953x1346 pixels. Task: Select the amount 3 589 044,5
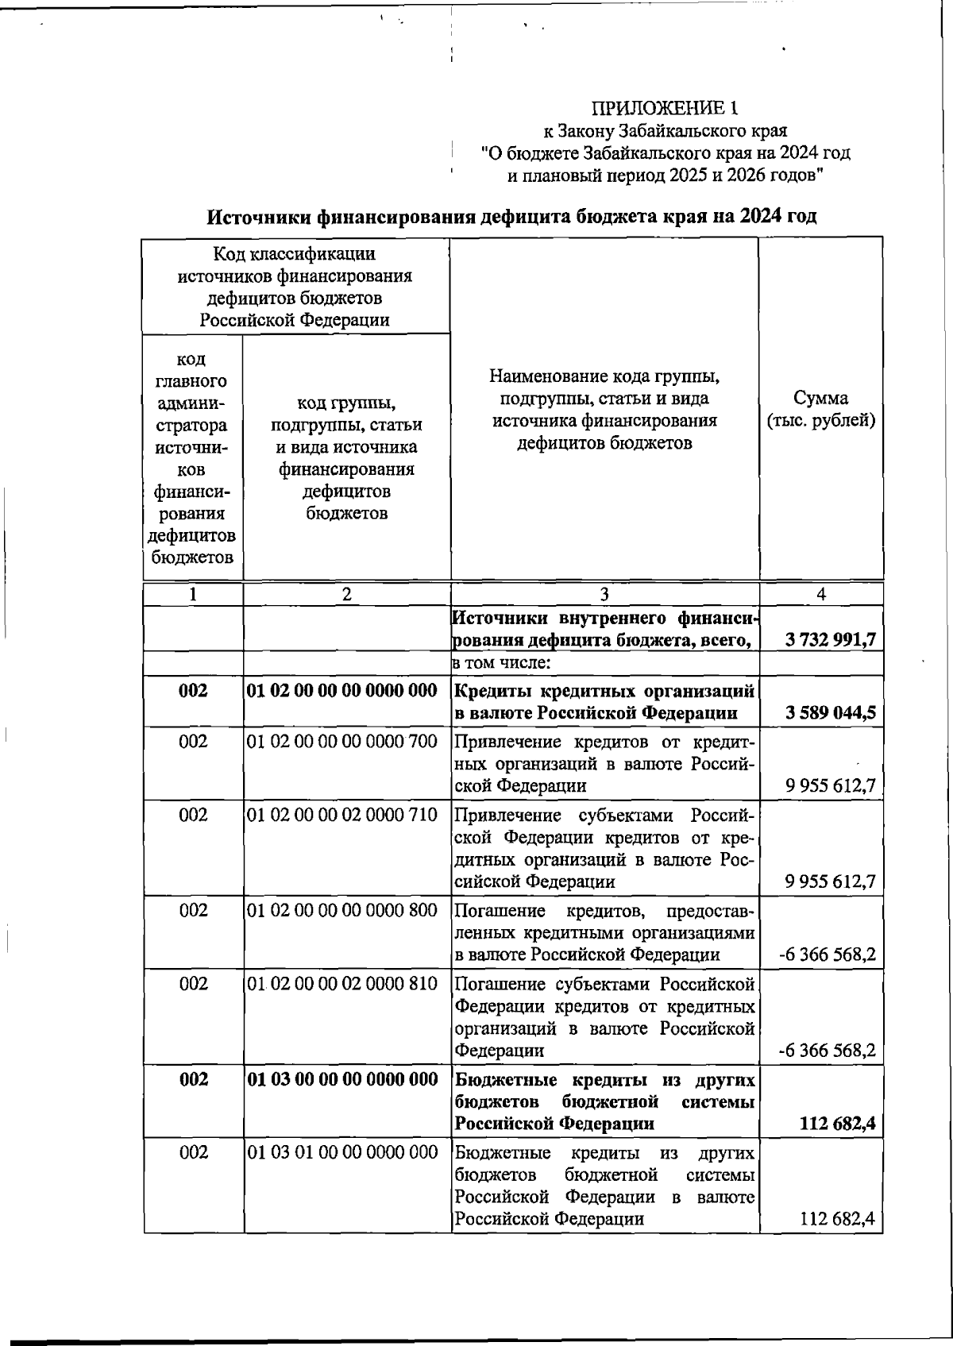(831, 712)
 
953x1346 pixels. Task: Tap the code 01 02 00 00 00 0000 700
(341, 742)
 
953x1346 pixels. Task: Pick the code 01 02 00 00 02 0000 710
(341, 816)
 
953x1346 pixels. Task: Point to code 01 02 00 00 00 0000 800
(341, 910)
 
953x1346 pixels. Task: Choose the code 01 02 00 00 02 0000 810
(341, 984)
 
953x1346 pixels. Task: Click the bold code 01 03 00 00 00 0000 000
(341, 1079)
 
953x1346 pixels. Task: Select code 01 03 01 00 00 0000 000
(341, 1152)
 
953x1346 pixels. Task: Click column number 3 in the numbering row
(604, 594)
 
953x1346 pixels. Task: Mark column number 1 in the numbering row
(192, 594)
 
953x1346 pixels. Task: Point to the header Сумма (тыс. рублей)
(820, 409)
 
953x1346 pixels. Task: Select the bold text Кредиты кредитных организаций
(604, 690)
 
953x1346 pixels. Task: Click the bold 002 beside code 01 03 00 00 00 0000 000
(193, 1079)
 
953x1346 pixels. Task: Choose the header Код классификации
(295, 254)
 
